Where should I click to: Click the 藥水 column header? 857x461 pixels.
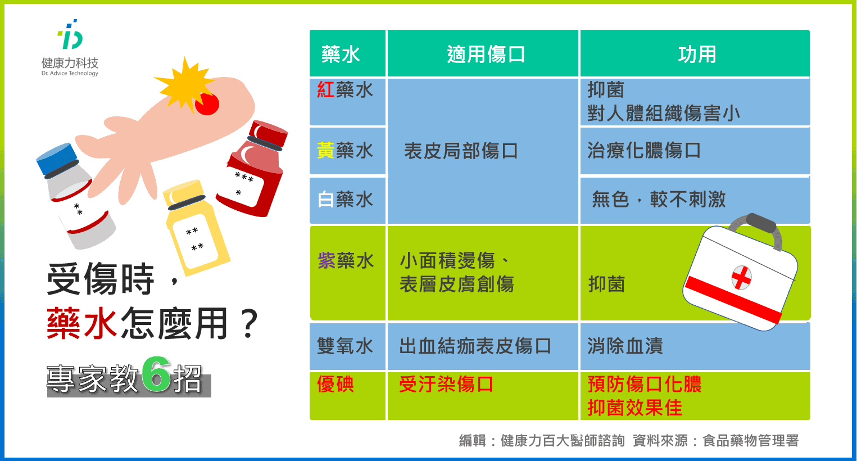point(341,55)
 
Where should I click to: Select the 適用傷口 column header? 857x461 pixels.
point(486,55)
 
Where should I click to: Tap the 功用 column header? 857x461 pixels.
point(697,55)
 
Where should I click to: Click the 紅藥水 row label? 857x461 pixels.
point(345,90)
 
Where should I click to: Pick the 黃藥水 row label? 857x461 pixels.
point(345,150)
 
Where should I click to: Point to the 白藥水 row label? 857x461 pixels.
point(345,200)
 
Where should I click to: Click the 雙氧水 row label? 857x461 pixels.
point(345,346)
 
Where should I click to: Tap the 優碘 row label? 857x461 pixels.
point(335,384)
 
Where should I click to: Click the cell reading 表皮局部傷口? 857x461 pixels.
point(461,151)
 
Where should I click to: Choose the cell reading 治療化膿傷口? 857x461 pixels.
point(644,150)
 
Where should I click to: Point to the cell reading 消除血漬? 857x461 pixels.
point(625,346)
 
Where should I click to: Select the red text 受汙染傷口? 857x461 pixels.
point(446,384)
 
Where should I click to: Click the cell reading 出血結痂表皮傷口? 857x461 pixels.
point(475,346)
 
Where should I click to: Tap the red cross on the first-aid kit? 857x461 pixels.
point(741,278)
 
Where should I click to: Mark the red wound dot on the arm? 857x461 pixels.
point(207,104)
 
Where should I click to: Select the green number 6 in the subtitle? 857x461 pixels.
point(156,374)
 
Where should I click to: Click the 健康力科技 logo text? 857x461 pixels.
point(70,63)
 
